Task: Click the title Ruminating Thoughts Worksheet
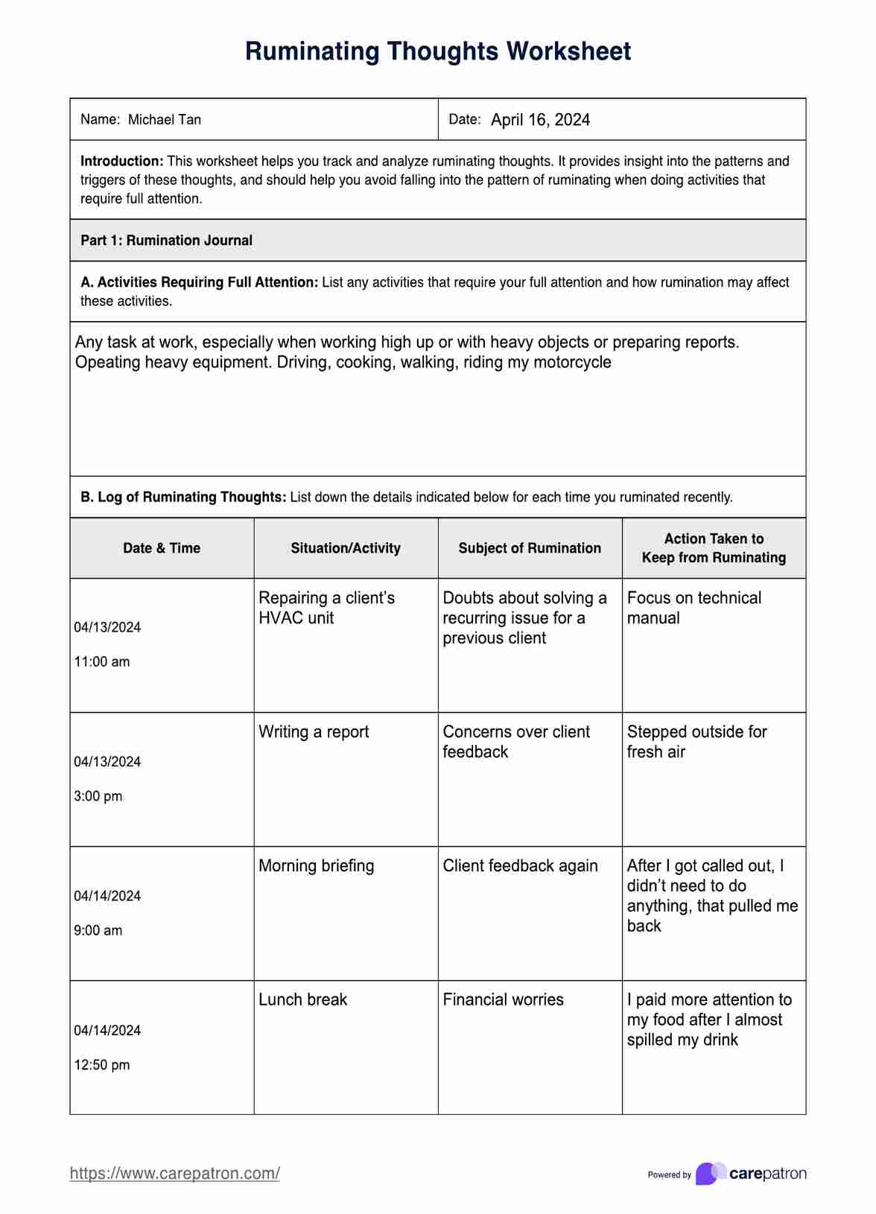click(438, 51)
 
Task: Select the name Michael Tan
click(165, 120)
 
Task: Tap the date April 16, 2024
click(540, 120)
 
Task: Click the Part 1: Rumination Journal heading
click(166, 241)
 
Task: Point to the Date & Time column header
click(162, 548)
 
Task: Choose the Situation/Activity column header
click(346, 548)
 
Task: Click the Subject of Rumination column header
click(530, 548)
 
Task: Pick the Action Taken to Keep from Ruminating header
click(714, 548)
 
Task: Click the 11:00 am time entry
click(102, 661)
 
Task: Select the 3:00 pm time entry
click(98, 796)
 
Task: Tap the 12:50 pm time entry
click(102, 1065)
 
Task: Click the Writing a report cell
click(314, 732)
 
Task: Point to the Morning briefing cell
click(317, 866)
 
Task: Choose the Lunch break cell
click(302, 1000)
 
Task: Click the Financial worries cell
click(503, 1000)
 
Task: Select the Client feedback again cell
click(520, 866)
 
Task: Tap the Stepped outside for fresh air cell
click(696, 742)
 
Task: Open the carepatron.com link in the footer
click(175, 1174)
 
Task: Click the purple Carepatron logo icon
click(711, 1174)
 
